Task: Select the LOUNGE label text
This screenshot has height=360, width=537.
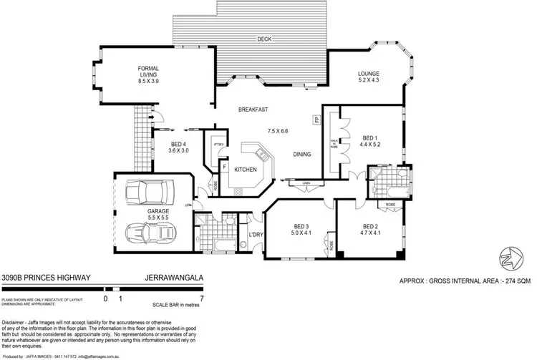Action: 369,74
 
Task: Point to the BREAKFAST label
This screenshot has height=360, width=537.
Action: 253,110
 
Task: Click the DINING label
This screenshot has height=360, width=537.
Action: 303,154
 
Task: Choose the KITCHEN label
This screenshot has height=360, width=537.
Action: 244,169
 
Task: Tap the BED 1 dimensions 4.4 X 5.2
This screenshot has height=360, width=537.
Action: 369,145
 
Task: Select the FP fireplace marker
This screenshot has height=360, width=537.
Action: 316,120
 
